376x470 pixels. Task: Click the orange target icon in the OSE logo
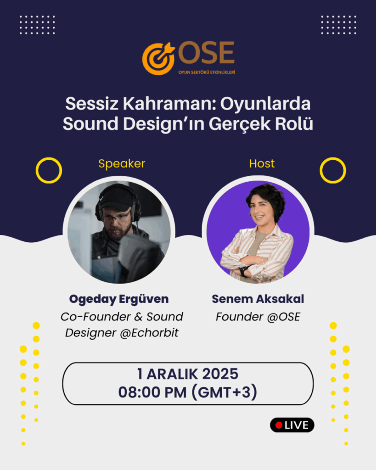coord(158,58)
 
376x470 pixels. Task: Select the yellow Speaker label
coord(122,164)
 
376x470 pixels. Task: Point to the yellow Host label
coord(262,163)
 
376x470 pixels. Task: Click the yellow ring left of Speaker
coord(37,170)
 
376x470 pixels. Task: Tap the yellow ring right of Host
coord(321,170)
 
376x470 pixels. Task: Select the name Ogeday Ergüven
coord(119,299)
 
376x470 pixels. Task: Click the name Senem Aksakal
coord(258,299)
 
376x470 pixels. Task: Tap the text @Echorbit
coord(149,333)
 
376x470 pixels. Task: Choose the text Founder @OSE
coord(258,317)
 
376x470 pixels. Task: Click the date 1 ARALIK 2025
coord(188,374)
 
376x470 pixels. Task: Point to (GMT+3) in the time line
coord(224,392)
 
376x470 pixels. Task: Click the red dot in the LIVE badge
coord(279,425)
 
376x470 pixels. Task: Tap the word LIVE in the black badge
coord(296,425)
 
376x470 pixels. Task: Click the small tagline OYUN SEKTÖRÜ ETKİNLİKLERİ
coord(207,72)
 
